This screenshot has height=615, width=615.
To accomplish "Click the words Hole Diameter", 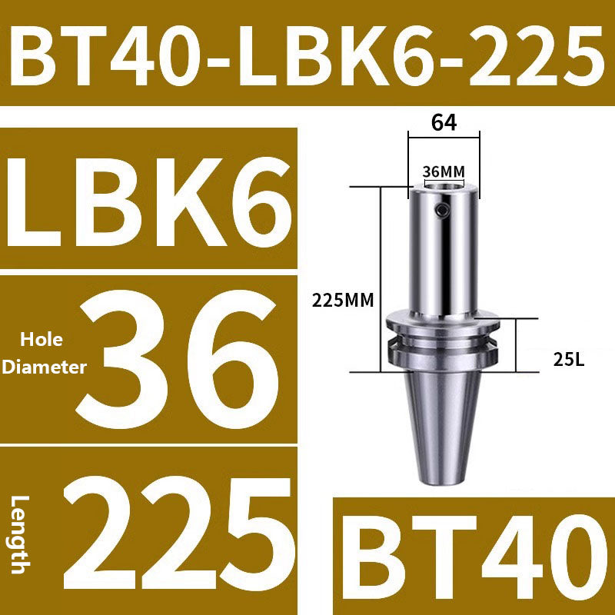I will coord(43,354).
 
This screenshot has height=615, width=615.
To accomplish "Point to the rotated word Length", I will coord(22,534).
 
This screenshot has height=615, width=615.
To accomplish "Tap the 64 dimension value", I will coord(444,123).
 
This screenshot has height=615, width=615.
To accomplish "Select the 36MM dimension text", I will coord(444,171).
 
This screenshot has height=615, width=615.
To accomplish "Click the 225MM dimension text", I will coord(342,301).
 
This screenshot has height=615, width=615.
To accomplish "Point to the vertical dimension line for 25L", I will coord(517,346).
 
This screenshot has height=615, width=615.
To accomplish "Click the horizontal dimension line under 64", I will coord(444,138).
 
